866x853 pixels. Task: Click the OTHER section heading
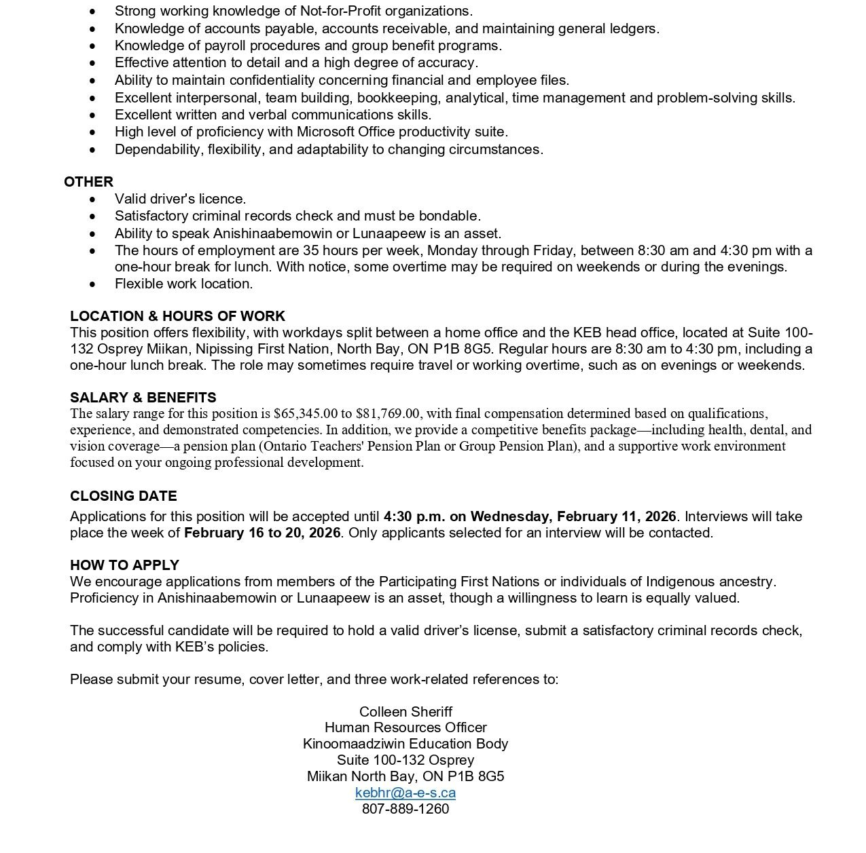click(x=88, y=182)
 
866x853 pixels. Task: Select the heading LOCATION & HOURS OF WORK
click(x=177, y=316)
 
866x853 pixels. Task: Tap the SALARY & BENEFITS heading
click(x=143, y=398)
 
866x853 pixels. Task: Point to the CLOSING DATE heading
click(x=123, y=496)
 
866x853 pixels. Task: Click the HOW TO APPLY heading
click(x=124, y=565)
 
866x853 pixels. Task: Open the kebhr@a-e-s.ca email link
click(x=405, y=793)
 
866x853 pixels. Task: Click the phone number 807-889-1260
click(x=405, y=809)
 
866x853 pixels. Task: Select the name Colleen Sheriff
click(x=405, y=712)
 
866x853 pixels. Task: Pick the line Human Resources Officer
click(x=405, y=727)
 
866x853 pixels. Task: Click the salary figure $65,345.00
click(x=306, y=414)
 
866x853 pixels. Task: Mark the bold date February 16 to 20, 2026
click(x=262, y=533)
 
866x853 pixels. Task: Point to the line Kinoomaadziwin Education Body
click(x=405, y=744)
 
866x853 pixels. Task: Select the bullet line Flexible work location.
click(x=183, y=284)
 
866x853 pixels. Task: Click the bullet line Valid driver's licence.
click(x=180, y=199)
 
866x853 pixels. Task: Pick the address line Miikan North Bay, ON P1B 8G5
click(x=405, y=776)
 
